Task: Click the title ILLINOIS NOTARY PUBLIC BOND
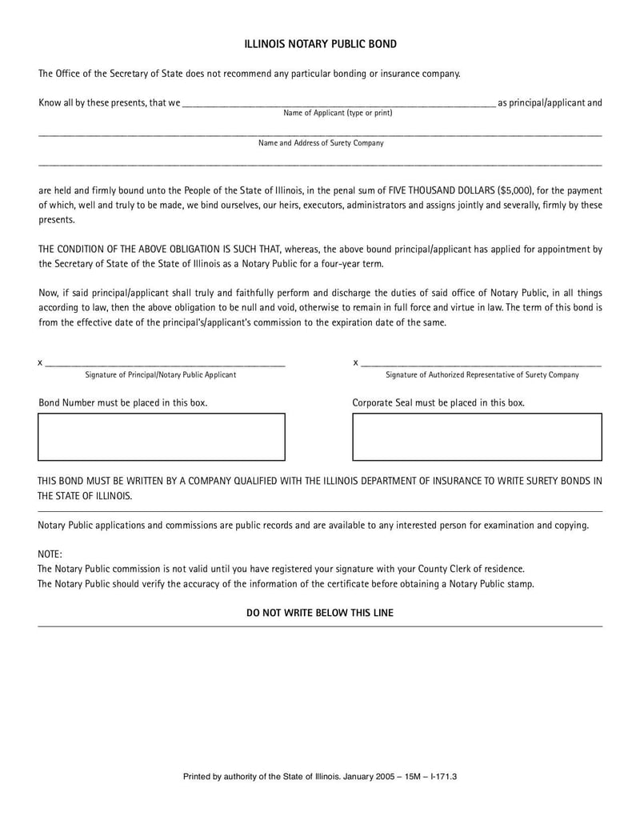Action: point(320,44)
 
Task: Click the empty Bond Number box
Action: point(162,437)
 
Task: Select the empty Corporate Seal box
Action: point(477,437)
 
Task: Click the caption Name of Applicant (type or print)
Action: point(338,114)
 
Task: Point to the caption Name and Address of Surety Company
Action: point(320,143)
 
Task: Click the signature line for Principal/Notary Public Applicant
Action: point(165,364)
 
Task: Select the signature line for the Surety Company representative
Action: point(481,364)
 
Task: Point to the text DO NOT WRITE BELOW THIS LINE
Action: point(320,613)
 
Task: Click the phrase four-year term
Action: point(356,264)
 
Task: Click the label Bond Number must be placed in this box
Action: point(123,403)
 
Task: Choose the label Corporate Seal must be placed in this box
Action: point(438,403)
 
